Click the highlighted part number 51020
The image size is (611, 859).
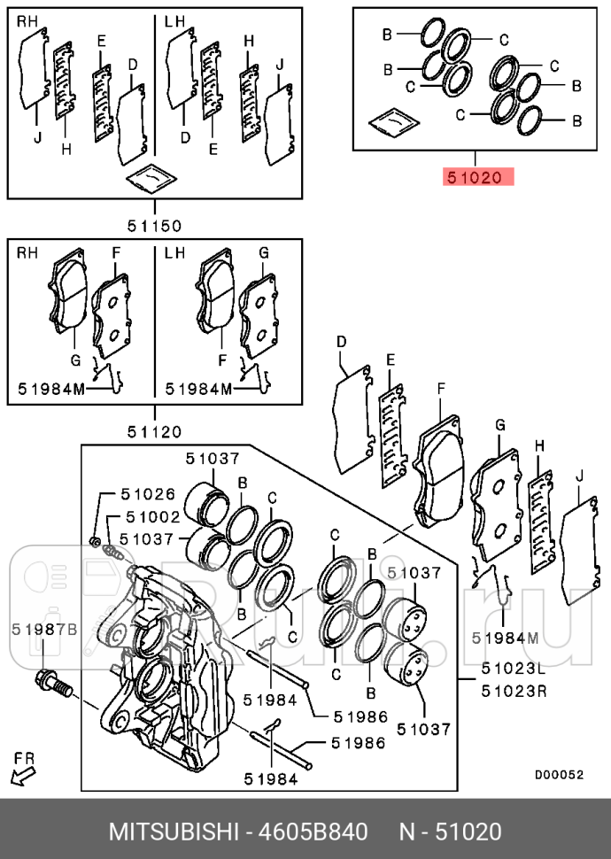click(479, 177)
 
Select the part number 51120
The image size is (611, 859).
click(153, 432)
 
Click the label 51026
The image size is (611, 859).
click(149, 494)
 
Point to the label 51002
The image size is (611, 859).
click(152, 516)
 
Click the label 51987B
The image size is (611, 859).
click(44, 629)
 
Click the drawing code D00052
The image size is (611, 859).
click(559, 774)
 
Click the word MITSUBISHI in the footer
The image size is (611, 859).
click(174, 832)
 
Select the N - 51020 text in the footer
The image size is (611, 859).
click(450, 832)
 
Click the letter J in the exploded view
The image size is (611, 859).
click(578, 476)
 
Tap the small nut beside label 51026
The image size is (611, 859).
click(95, 540)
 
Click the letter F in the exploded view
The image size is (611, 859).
click(442, 388)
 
